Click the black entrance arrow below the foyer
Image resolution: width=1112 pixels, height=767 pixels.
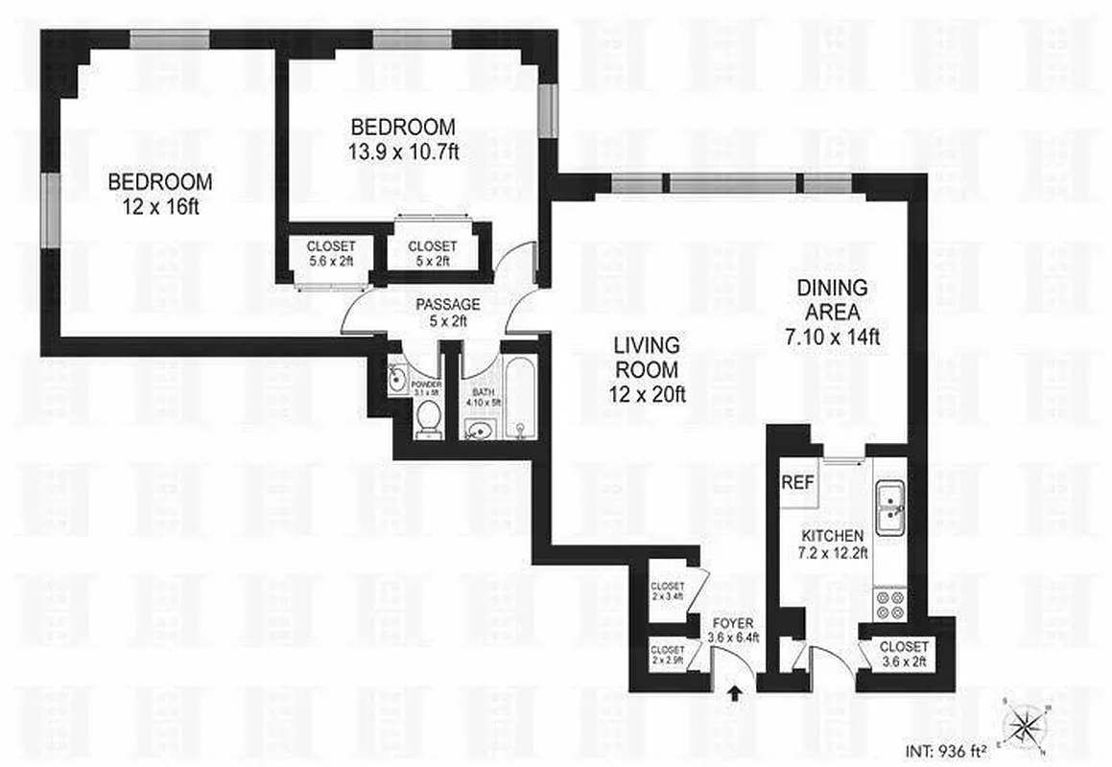click(736, 692)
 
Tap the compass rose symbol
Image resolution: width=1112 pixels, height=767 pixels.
click(1026, 724)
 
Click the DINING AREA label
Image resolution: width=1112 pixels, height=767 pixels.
click(832, 299)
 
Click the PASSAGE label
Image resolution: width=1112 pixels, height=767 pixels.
click(447, 305)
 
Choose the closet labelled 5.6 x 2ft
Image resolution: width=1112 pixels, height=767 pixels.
click(331, 253)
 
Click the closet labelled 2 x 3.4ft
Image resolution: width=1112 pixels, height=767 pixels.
click(667, 593)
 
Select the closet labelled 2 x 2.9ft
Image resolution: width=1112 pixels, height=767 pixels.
click(667, 655)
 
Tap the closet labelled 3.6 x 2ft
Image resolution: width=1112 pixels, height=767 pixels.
click(904, 654)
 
